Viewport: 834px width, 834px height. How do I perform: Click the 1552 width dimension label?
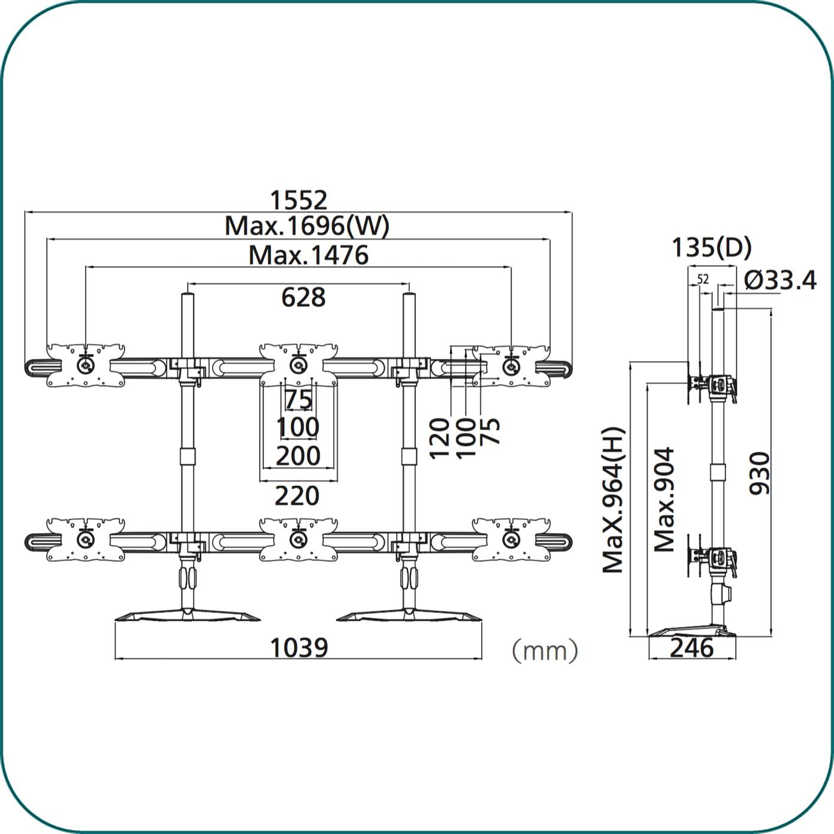(298, 200)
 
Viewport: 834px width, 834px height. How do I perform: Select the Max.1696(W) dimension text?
(307, 225)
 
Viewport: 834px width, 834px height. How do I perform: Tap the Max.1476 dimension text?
(309, 255)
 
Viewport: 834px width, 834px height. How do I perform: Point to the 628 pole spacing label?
(303, 297)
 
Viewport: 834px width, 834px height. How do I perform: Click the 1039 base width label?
(299, 648)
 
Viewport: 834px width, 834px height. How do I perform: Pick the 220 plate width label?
(297, 495)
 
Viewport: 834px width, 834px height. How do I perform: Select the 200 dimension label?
(298, 456)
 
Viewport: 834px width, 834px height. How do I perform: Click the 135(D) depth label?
(712, 247)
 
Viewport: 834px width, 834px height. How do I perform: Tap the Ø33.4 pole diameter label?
(780, 280)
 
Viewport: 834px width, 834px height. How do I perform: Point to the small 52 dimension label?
(703, 280)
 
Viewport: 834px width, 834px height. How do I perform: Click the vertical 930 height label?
(760, 473)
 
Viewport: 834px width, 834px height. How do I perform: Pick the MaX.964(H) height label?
(613, 500)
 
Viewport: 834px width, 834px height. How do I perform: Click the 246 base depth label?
(691, 648)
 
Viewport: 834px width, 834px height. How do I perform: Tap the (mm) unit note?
(545, 651)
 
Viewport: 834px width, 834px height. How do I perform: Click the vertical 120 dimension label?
(439, 438)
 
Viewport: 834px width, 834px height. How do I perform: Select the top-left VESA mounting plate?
(86, 365)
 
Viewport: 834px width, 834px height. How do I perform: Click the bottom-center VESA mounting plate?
(298, 539)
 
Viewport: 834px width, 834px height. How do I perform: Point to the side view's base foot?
(691, 630)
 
